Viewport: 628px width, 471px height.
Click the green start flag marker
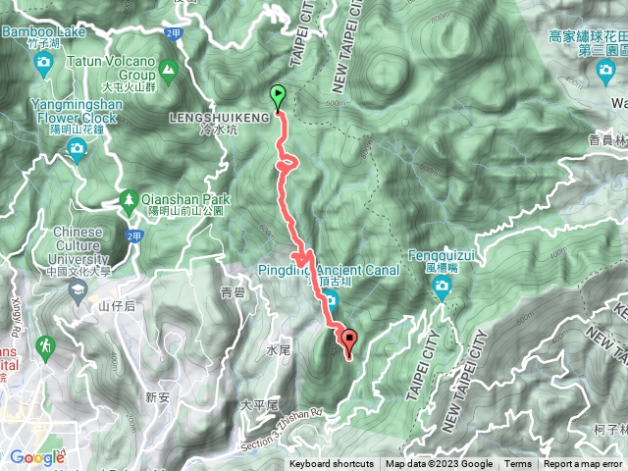click(x=278, y=97)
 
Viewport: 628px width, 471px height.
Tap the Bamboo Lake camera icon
click(x=43, y=64)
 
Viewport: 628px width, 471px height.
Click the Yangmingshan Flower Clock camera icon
click(x=77, y=149)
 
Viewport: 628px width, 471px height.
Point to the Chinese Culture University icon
click(x=77, y=290)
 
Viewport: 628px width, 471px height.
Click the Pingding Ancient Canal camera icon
click(x=332, y=299)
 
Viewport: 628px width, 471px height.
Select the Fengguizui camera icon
click(x=442, y=288)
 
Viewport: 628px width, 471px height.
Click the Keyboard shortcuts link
click(x=331, y=464)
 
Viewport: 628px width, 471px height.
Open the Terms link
click(x=518, y=464)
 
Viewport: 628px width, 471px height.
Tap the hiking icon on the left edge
click(x=45, y=345)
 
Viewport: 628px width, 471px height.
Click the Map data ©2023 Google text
click(x=439, y=464)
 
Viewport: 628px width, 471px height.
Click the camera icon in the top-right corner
click(x=605, y=70)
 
